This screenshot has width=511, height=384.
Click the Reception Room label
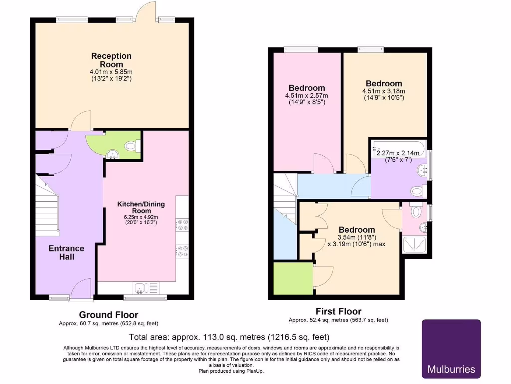pos(111,60)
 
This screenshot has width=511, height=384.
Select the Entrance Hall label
pos(66,252)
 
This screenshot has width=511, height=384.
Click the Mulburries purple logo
pos(451,349)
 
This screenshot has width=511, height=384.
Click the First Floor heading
pos(338,311)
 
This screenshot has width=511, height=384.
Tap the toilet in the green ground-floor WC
pos(131,146)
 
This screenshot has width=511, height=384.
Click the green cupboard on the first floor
pos(293,277)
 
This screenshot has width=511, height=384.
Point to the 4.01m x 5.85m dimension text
pos(111,72)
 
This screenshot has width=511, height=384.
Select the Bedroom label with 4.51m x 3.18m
pos(383,83)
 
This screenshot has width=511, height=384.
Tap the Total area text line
pos(229,337)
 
